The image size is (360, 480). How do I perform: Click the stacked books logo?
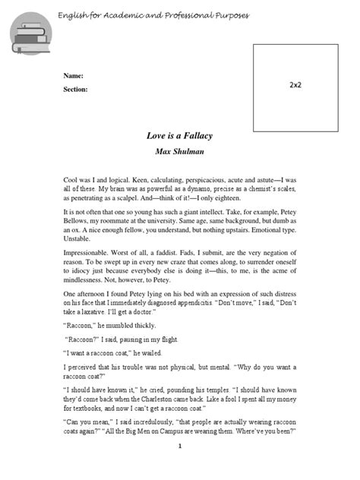(x=28, y=35)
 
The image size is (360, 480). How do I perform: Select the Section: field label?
(x=75, y=90)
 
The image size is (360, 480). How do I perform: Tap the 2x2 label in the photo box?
(x=295, y=87)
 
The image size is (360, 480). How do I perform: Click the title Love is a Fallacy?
(x=179, y=136)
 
